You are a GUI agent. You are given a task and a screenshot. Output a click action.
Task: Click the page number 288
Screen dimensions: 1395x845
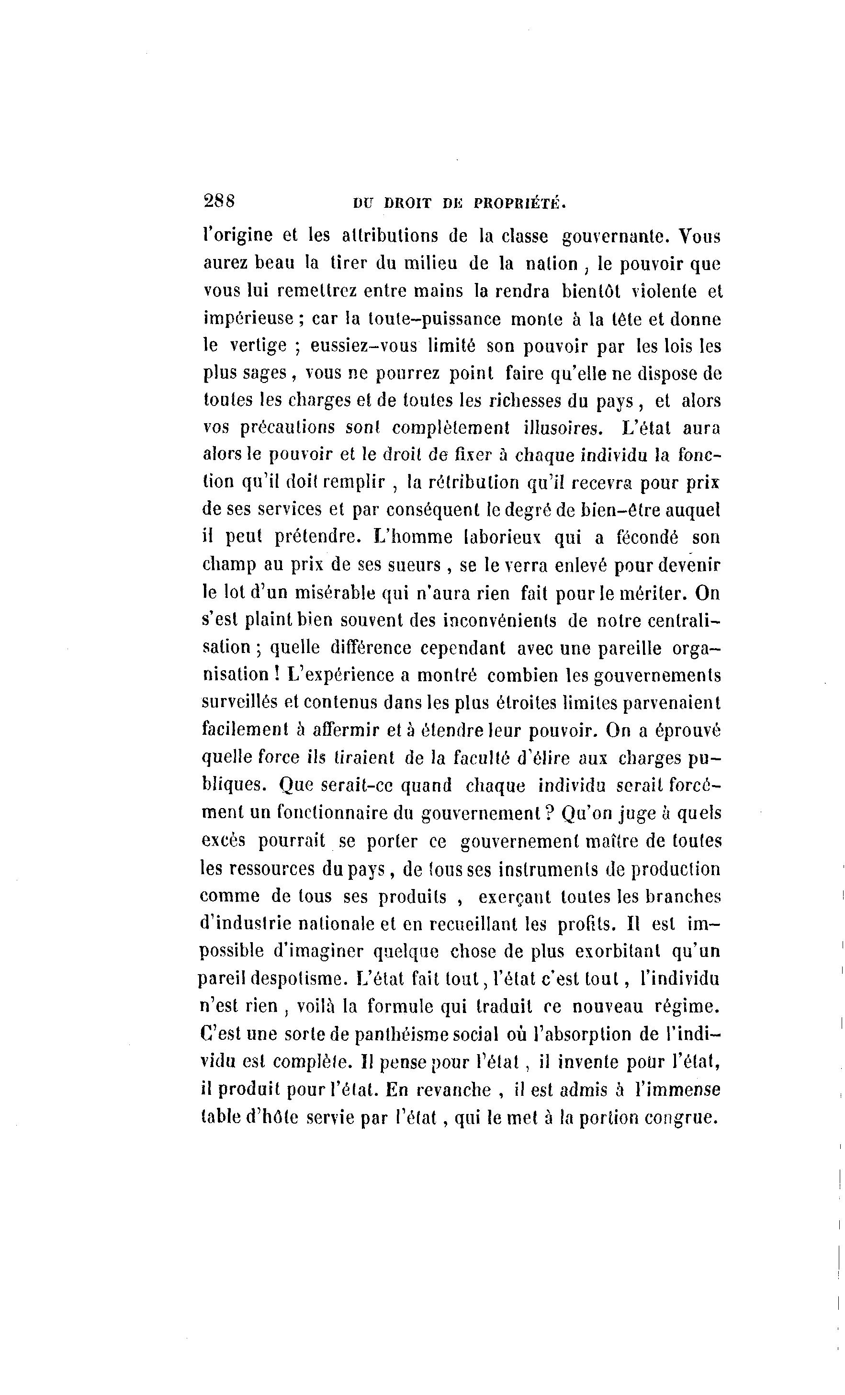(x=219, y=201)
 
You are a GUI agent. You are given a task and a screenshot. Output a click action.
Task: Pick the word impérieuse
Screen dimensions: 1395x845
(x=248, y=319)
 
